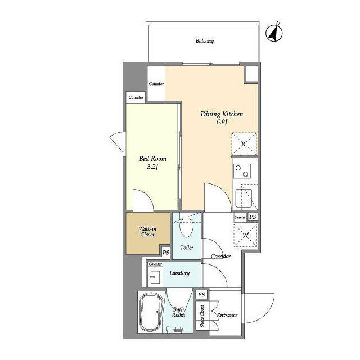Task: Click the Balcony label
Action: (205, 41)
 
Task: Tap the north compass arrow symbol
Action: (274, 33)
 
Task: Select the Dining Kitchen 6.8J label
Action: (222, 118)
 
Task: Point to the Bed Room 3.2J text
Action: (152, 163)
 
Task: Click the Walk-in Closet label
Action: (147, 232)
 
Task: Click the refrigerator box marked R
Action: (244, 144)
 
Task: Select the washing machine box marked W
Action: (245, 235)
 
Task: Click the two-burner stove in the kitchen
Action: (242, 171)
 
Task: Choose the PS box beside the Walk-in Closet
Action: (166, 253)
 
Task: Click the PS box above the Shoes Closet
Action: (201, 294)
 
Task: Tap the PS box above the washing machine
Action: (253, 217)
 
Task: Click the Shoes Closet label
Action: (202, 316)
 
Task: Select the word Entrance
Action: (227, 315)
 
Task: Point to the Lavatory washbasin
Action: (155, 277)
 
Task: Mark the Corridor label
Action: (220, 256)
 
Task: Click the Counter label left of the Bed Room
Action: (136, 97)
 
